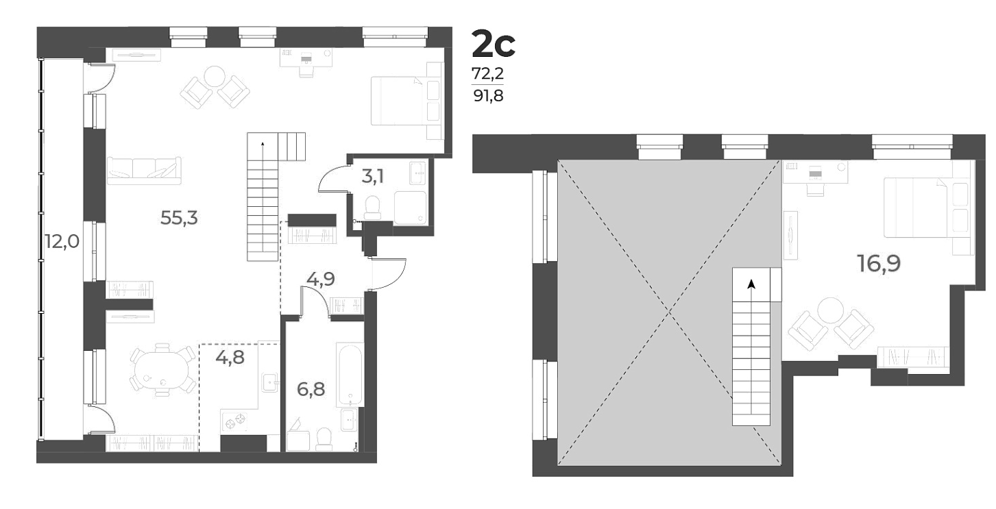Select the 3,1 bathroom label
point(372,177)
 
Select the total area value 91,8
point(487,96)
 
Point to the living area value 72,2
point(487,73)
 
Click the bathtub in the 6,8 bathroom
point(349,373)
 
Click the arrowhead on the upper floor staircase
point(752,284)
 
